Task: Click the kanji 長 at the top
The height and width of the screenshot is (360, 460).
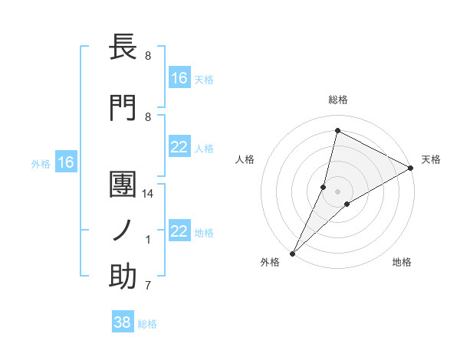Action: [123, 47]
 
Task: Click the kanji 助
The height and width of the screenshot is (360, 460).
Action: [123, 277]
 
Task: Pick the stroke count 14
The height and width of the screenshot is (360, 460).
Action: [149, 195]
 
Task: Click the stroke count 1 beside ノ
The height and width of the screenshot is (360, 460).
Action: [148, 240]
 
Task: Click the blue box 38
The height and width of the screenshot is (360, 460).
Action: [123, 323]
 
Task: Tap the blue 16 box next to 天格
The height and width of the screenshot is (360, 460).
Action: [179, 78]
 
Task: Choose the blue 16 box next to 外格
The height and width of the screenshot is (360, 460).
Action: [66, 162]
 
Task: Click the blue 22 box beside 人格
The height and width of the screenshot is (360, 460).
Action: [179, 148]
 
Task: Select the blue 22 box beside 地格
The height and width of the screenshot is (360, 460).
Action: [179, 232]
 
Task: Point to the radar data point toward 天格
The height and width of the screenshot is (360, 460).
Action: [410, 169]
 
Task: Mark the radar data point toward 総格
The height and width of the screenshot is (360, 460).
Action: [337, 131]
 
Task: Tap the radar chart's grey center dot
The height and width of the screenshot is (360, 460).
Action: [337, 191]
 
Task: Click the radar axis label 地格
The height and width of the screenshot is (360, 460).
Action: [402, 262]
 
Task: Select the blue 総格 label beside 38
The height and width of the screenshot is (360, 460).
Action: [147, 324]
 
